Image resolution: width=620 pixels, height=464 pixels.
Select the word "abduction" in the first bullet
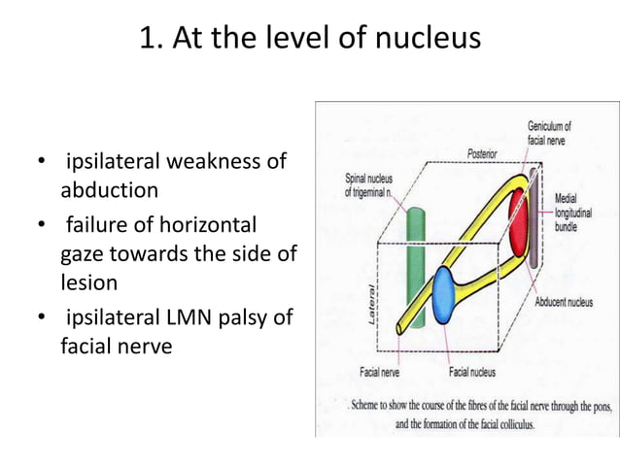pyautogui.click(x=109, y=188)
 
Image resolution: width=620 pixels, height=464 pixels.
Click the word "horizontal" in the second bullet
pyautogui.click(x=209, y=225)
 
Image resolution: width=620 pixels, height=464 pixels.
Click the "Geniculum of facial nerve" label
pyautogui.click(x=549, y=133)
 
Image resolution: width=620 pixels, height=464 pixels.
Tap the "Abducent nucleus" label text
pyautogui.click(x=575, y=302)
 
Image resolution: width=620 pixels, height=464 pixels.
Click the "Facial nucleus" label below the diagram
pyautogui.click(x=473, y=372)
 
